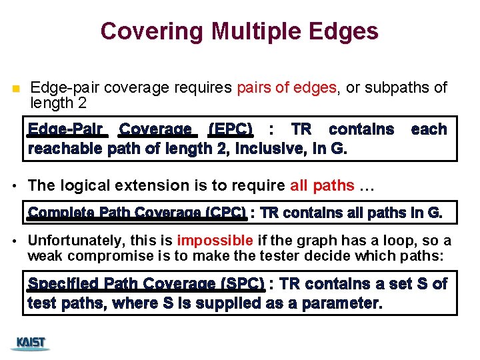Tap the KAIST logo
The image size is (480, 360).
pyautogui.click(x=31, y=343)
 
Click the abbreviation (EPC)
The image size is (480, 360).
pyautogui.click(x=230, y=129)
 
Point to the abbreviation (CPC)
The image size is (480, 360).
pyautogui.click(x=225, y=213)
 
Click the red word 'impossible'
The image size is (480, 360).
pyautogui.click(x=215, y=241)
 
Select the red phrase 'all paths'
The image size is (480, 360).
pyautogui.click(x=323, y=185)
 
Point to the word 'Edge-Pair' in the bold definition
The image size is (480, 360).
pyautogui.click(x=65, y=129)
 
